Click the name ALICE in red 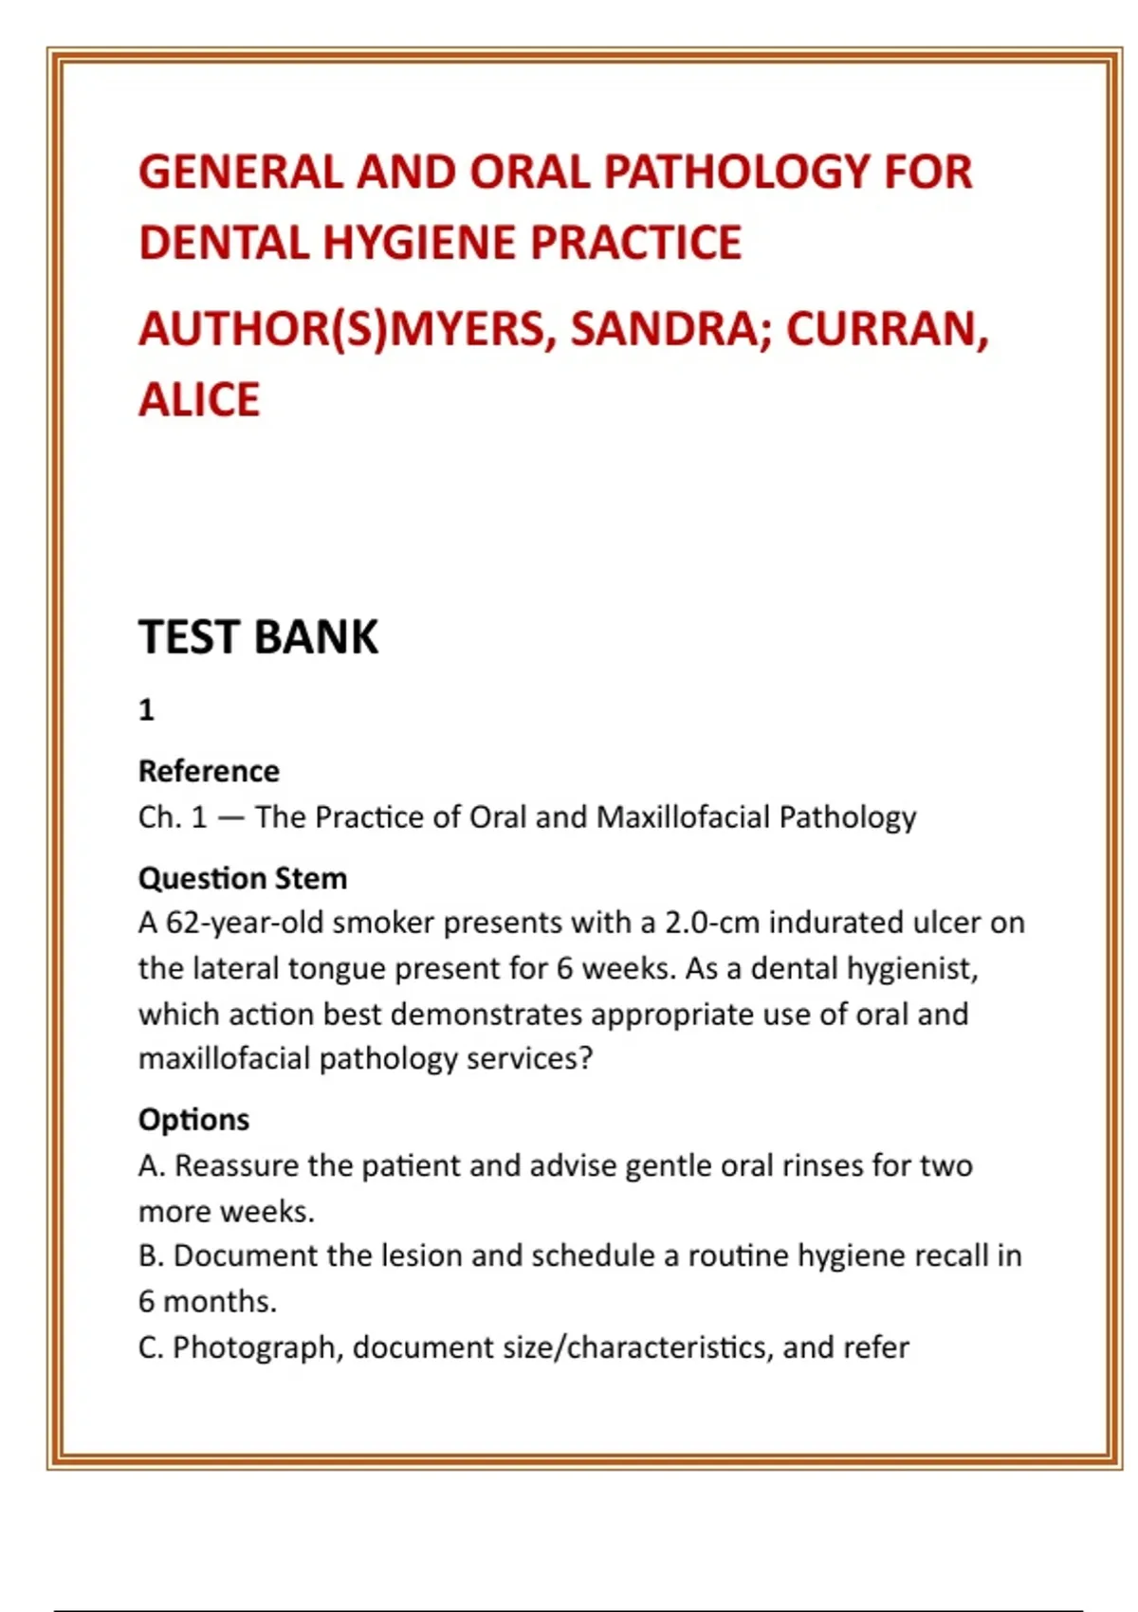[x=199, y=400]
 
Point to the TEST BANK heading [x=258, y=637]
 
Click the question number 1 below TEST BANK [x=146, y=710]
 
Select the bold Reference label [x=209, y=771]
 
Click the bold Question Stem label [x=243, y=878]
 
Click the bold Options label [x=193, y=1120]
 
